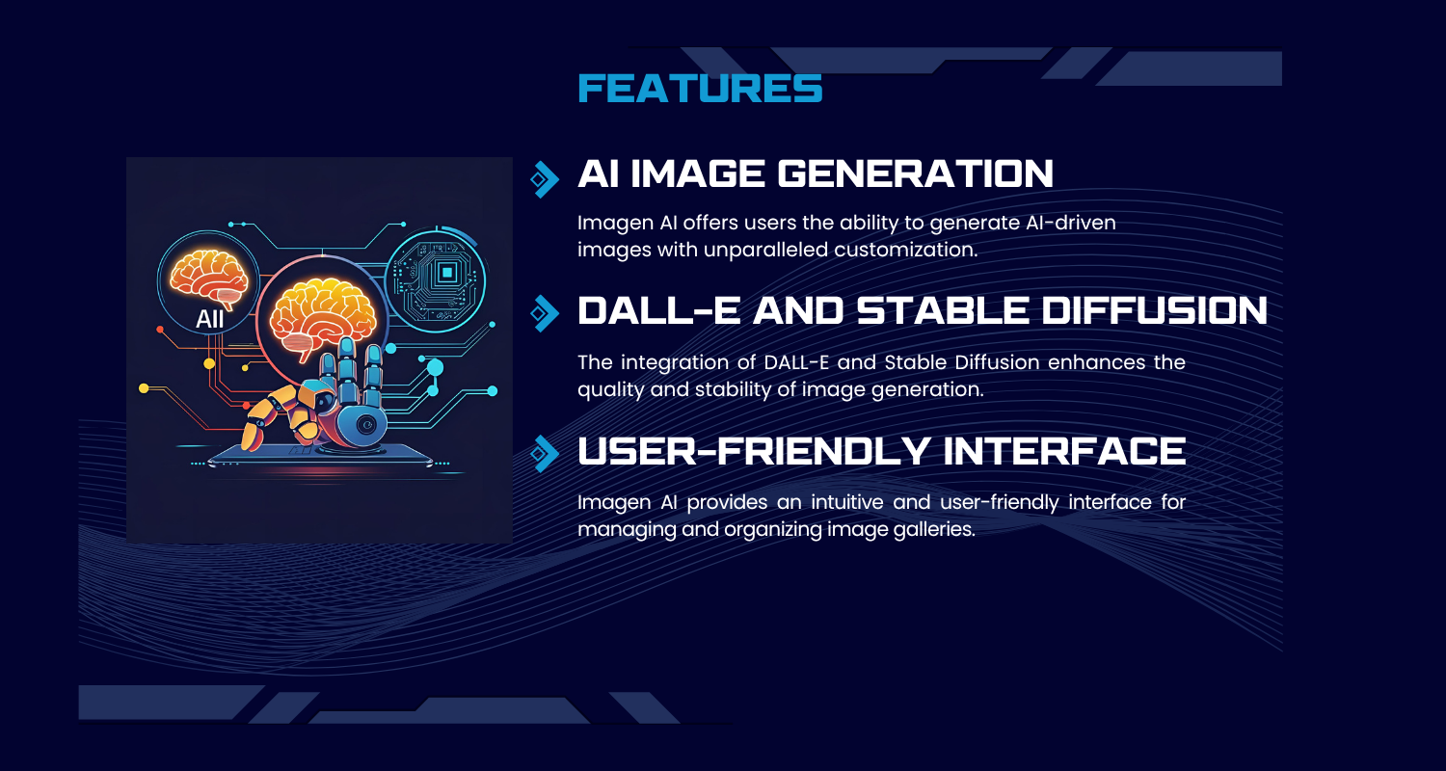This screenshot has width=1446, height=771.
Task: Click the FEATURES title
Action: [700, 89]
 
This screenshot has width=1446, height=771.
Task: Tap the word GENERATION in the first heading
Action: [916, 173]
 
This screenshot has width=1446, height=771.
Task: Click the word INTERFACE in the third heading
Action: [1064, 450]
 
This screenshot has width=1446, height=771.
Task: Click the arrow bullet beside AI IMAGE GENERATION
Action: [545, 179]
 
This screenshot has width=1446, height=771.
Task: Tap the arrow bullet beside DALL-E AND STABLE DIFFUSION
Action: [545, 313]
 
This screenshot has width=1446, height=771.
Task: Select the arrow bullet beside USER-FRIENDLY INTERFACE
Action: [545, 454]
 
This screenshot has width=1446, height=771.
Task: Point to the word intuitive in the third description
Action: [847, 502]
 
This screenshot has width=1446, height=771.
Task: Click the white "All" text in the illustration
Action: [210, 319]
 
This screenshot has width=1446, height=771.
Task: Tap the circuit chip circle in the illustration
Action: [435, 280]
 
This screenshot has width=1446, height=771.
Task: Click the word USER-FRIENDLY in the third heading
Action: [753, 450]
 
